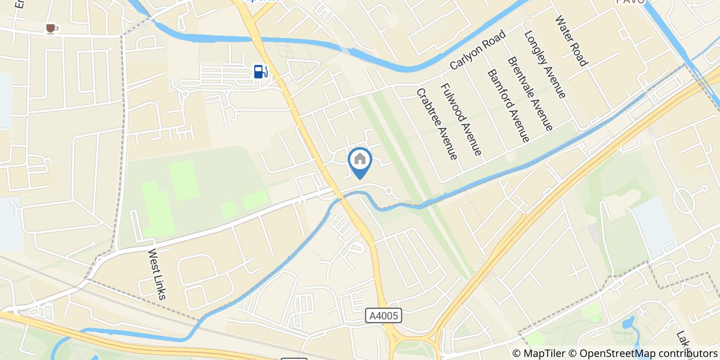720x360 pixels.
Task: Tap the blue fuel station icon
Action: [261, 71]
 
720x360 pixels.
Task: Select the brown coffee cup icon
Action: [50, 28]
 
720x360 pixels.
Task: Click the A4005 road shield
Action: [384, 316]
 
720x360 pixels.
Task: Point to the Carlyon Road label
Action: [478, 50]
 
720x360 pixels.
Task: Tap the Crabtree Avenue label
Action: [437, 124]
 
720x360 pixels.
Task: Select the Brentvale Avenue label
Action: [530, 93]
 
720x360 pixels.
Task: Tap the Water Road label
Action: [571, 41]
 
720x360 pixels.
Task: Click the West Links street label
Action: [157, 274]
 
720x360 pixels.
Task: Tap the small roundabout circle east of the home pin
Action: [389, 191]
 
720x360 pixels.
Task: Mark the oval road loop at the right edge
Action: [684, 199]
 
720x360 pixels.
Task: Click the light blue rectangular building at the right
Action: [653, 226]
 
